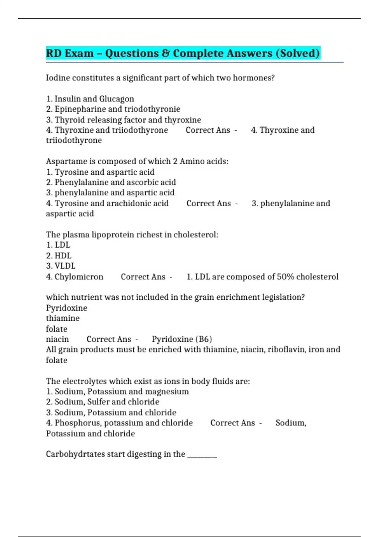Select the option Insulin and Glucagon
pos(94,99)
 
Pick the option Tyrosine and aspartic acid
pos(104,172)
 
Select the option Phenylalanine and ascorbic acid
pos(115,183)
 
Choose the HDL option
pos(63,256)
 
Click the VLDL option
pos(65,266)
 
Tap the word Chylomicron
pos(79,277)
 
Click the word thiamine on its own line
pos(63,318)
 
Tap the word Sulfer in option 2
pos(98,402)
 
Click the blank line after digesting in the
pos(202,455)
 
